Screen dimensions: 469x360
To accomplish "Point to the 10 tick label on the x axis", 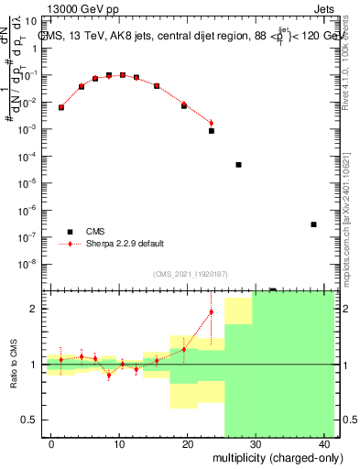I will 118,443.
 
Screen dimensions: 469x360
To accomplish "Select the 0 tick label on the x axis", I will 50,443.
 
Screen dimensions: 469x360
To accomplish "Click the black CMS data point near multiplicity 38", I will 313,224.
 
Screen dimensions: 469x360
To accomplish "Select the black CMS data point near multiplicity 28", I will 238,165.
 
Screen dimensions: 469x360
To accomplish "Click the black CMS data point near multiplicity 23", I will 212,131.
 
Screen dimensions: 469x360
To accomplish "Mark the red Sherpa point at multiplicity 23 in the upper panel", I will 212,123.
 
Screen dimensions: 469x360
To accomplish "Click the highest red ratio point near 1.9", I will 212,312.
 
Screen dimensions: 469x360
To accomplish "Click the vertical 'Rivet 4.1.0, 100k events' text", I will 352,82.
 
